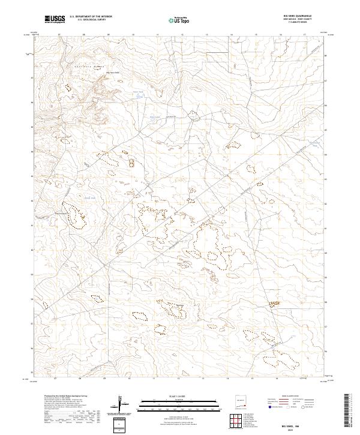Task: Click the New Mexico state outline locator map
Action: (241, 402)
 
